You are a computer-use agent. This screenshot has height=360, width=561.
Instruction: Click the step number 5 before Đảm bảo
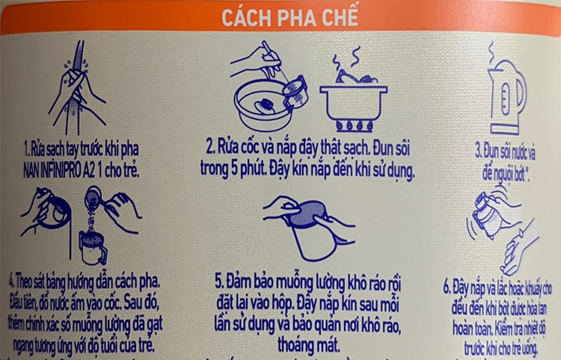point(219,282)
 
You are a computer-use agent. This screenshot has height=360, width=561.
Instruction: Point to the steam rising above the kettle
point(492,51)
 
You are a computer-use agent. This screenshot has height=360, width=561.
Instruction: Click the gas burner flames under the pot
point(354,124)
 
